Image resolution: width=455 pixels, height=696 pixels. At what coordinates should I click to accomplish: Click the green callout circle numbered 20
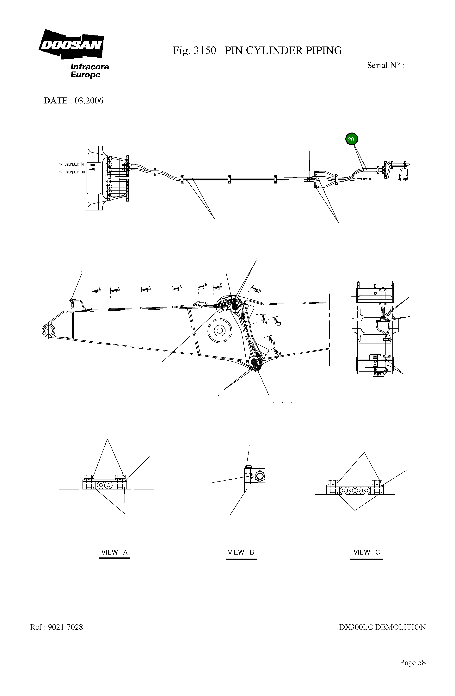(x=351, y=139)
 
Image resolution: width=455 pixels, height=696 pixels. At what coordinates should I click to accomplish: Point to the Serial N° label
(x=385, y=65)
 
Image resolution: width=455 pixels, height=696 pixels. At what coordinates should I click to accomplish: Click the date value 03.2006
(x=89, y=101)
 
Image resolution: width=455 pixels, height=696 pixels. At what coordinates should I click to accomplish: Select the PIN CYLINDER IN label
(x=71, y=164)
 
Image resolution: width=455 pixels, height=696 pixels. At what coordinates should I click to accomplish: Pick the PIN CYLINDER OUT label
(x=72, y=172)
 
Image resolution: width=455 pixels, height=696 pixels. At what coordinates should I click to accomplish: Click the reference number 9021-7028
(x=65, y=627)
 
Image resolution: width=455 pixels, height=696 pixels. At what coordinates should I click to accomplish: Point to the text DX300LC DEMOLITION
(x=382, y=627)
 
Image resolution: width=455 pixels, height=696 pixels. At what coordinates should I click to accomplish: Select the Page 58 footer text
(x=413, y=663)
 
